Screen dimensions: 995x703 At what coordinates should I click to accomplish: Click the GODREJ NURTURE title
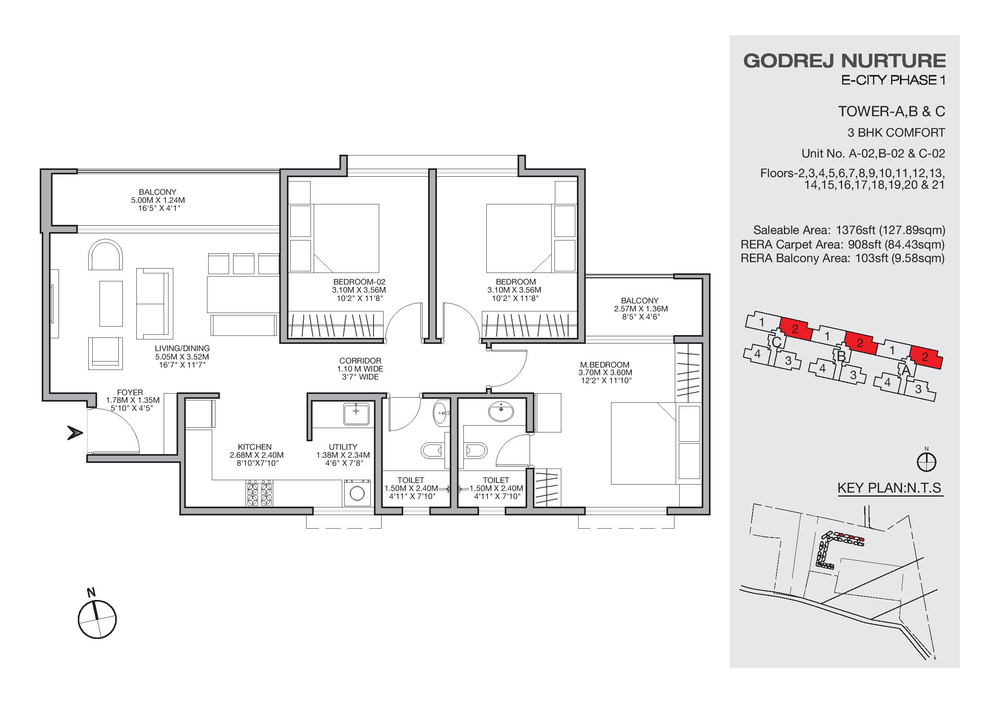844,61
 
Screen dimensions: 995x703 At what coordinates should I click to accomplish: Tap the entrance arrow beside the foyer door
75,432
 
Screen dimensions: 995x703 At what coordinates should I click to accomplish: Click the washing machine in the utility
357,493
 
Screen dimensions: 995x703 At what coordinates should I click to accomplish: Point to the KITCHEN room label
255,447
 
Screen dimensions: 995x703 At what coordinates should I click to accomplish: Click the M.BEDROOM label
605,364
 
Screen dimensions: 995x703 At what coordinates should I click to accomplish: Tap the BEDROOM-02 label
359,282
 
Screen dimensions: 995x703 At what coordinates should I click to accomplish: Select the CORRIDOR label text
360,361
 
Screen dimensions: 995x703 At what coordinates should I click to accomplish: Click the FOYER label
130,393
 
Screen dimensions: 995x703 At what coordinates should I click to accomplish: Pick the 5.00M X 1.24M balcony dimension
158,200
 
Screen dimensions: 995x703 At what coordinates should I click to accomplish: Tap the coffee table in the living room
111,303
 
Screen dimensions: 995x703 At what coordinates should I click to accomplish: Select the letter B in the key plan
841,356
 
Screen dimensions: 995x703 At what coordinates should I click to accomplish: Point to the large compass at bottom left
97,618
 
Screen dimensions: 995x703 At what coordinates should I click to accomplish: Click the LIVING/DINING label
182,348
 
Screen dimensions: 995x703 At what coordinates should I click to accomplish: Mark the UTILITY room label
343,447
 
